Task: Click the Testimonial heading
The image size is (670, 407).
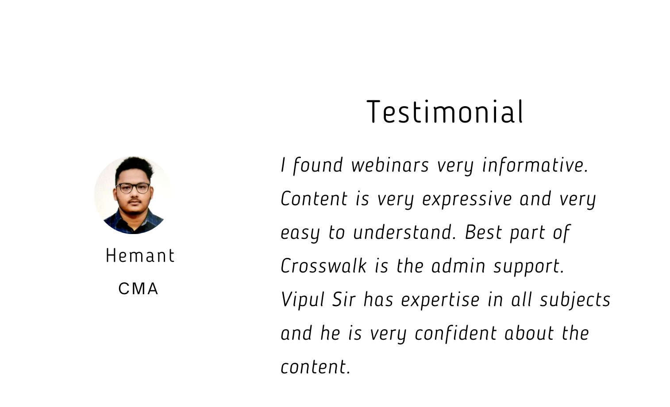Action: (445, 111)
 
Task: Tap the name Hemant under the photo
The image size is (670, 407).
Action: (140, 256)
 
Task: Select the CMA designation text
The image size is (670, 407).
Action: (138, 288)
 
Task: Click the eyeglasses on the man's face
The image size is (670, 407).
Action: (133, 188)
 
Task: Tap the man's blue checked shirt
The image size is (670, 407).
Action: (133, 223)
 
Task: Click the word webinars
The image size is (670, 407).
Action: (390, 165)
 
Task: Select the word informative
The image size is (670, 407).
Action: (535, 165)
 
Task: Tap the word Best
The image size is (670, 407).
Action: (483, 233)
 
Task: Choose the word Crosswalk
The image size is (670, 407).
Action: (323, 266)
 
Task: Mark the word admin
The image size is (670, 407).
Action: (458, 266)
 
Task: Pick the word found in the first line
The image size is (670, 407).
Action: (318, 165)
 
